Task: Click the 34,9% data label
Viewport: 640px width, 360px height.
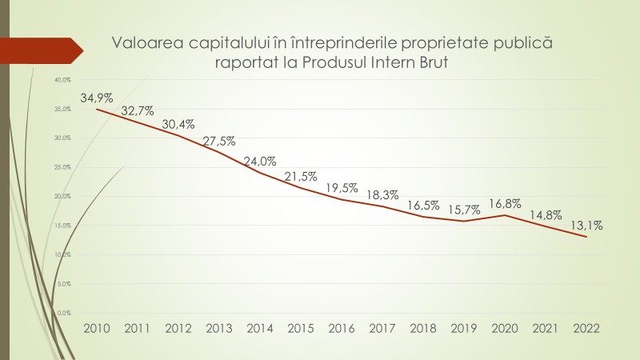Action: tap(97, 98)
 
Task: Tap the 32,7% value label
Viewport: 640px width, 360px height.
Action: tap(138, 111)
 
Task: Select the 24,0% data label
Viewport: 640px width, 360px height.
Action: tap(259, 159)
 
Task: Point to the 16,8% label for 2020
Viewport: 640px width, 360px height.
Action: tap(506, 202)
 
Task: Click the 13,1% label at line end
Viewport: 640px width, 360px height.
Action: tap(587, 225)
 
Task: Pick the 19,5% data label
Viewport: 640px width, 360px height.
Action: tap(342, 187)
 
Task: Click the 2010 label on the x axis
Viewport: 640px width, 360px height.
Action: tap(97, 328)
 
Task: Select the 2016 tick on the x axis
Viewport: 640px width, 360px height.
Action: tap(342, 328)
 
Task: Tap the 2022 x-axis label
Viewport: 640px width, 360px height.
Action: tap(587, 328)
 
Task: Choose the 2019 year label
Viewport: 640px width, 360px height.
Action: tap(465, 328)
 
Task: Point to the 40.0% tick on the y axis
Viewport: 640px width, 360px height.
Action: tap(63, 80)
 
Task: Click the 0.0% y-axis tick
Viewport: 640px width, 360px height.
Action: tap(65, 312)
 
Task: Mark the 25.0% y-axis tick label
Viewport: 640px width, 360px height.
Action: tap(63, 167)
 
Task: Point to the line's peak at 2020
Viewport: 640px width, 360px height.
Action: tap(506, 214)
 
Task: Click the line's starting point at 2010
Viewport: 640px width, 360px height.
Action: tap(97, 109)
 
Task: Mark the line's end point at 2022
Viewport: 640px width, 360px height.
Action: tap(587, 236)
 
